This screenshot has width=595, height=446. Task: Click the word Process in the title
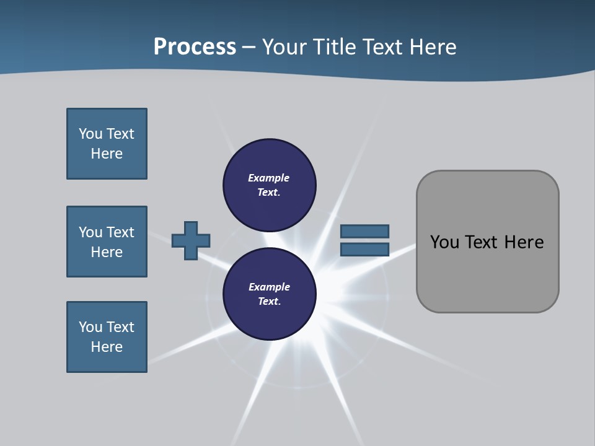(x=195, y=47)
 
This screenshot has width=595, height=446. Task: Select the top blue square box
(x=107, y=144)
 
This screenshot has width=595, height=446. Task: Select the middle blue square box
(x=107, y=242)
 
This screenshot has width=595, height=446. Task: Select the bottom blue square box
(x=107, y=337)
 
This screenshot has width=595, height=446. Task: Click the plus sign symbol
(x=191, y=240)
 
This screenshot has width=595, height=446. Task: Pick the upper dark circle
(x=270, y=185)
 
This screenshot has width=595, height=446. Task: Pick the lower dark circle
(x=270, y=294)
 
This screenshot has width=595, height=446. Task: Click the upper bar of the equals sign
(x=364, y=231)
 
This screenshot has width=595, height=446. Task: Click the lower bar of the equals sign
(x=364, y=249)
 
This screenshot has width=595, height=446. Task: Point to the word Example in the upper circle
(x=268, y=178)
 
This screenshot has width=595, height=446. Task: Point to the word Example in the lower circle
(x=269, y=287)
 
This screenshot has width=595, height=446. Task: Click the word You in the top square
(x=90, y=134)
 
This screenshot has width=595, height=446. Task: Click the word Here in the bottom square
(x=107, y=347)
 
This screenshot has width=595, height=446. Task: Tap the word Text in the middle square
(x=120, y=232)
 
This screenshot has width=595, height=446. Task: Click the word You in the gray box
(x=444, y=242)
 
